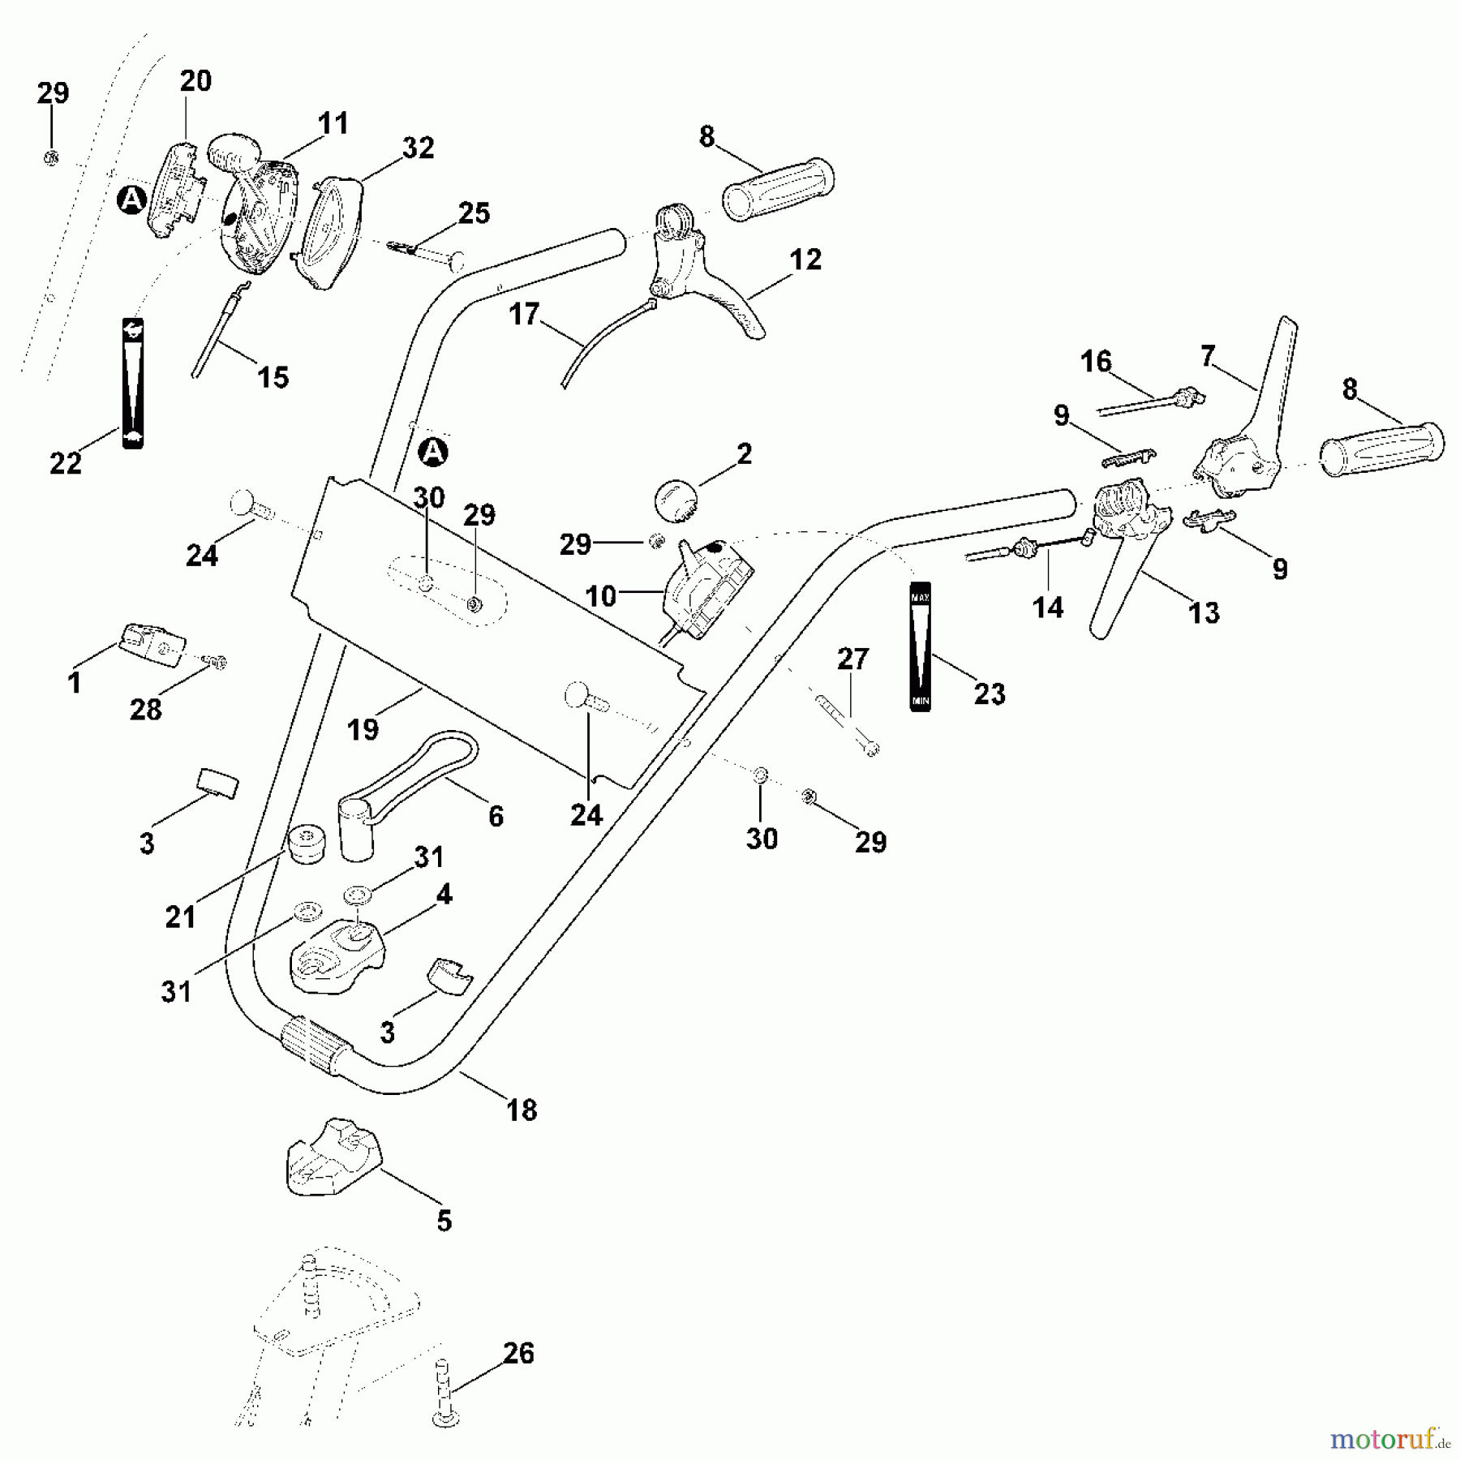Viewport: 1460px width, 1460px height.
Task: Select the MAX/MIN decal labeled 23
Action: pyautogui.click(x=920, y=646)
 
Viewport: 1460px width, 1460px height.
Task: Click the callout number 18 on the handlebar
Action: pyautogui.click(x=522, y=1110)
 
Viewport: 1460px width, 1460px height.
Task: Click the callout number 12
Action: pyautogui.click(x=805, y=260)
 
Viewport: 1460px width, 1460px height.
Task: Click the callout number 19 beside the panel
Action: pyautogui.click(x=363, y=729)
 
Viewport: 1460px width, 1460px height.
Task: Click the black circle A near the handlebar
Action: pyautogui.click(x=435, y=452)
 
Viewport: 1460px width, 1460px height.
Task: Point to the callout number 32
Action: pyautogui.click(x=418, y=148)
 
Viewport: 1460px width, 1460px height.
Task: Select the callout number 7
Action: pyautogui.click(x=1208, y=355)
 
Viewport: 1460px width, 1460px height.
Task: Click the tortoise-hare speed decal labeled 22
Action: pyautogui.click(x=132, y=383)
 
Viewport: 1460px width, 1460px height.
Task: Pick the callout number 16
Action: pyautogui.click(x=1096, y=361)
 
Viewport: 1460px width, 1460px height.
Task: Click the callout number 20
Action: pyautogui.click(x=195, y=81)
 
